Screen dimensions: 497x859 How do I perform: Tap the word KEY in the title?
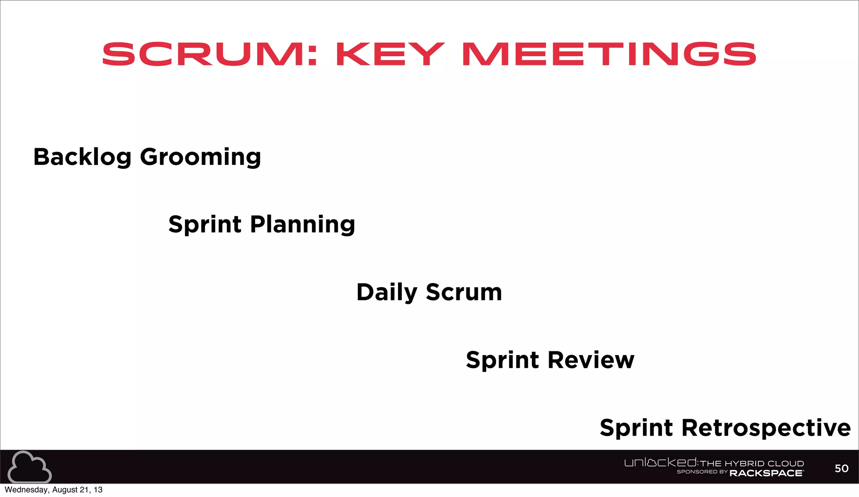point(390,54)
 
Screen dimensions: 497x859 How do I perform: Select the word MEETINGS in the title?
point(609,54)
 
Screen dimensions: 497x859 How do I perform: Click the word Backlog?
point(82,157)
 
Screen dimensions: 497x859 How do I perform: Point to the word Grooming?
point(200,158)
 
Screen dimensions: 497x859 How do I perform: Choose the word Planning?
point(302,225)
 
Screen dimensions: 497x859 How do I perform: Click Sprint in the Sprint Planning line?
point(205,225)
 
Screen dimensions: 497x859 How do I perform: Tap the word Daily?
point(387,293)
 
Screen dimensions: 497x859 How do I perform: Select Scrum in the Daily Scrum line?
point(464,292)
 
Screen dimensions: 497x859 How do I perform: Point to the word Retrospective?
point(766,428)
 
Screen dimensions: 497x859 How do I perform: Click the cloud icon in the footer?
point(29,467)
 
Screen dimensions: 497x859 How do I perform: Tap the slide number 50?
point(841,468)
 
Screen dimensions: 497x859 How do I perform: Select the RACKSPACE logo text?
point(766,473)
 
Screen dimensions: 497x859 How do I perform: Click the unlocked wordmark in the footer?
point(661,463)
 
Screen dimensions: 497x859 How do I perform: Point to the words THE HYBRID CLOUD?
point(752,463)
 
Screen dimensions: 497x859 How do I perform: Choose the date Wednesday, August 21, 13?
point(53,490)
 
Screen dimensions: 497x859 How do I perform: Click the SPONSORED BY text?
point(702,472)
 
